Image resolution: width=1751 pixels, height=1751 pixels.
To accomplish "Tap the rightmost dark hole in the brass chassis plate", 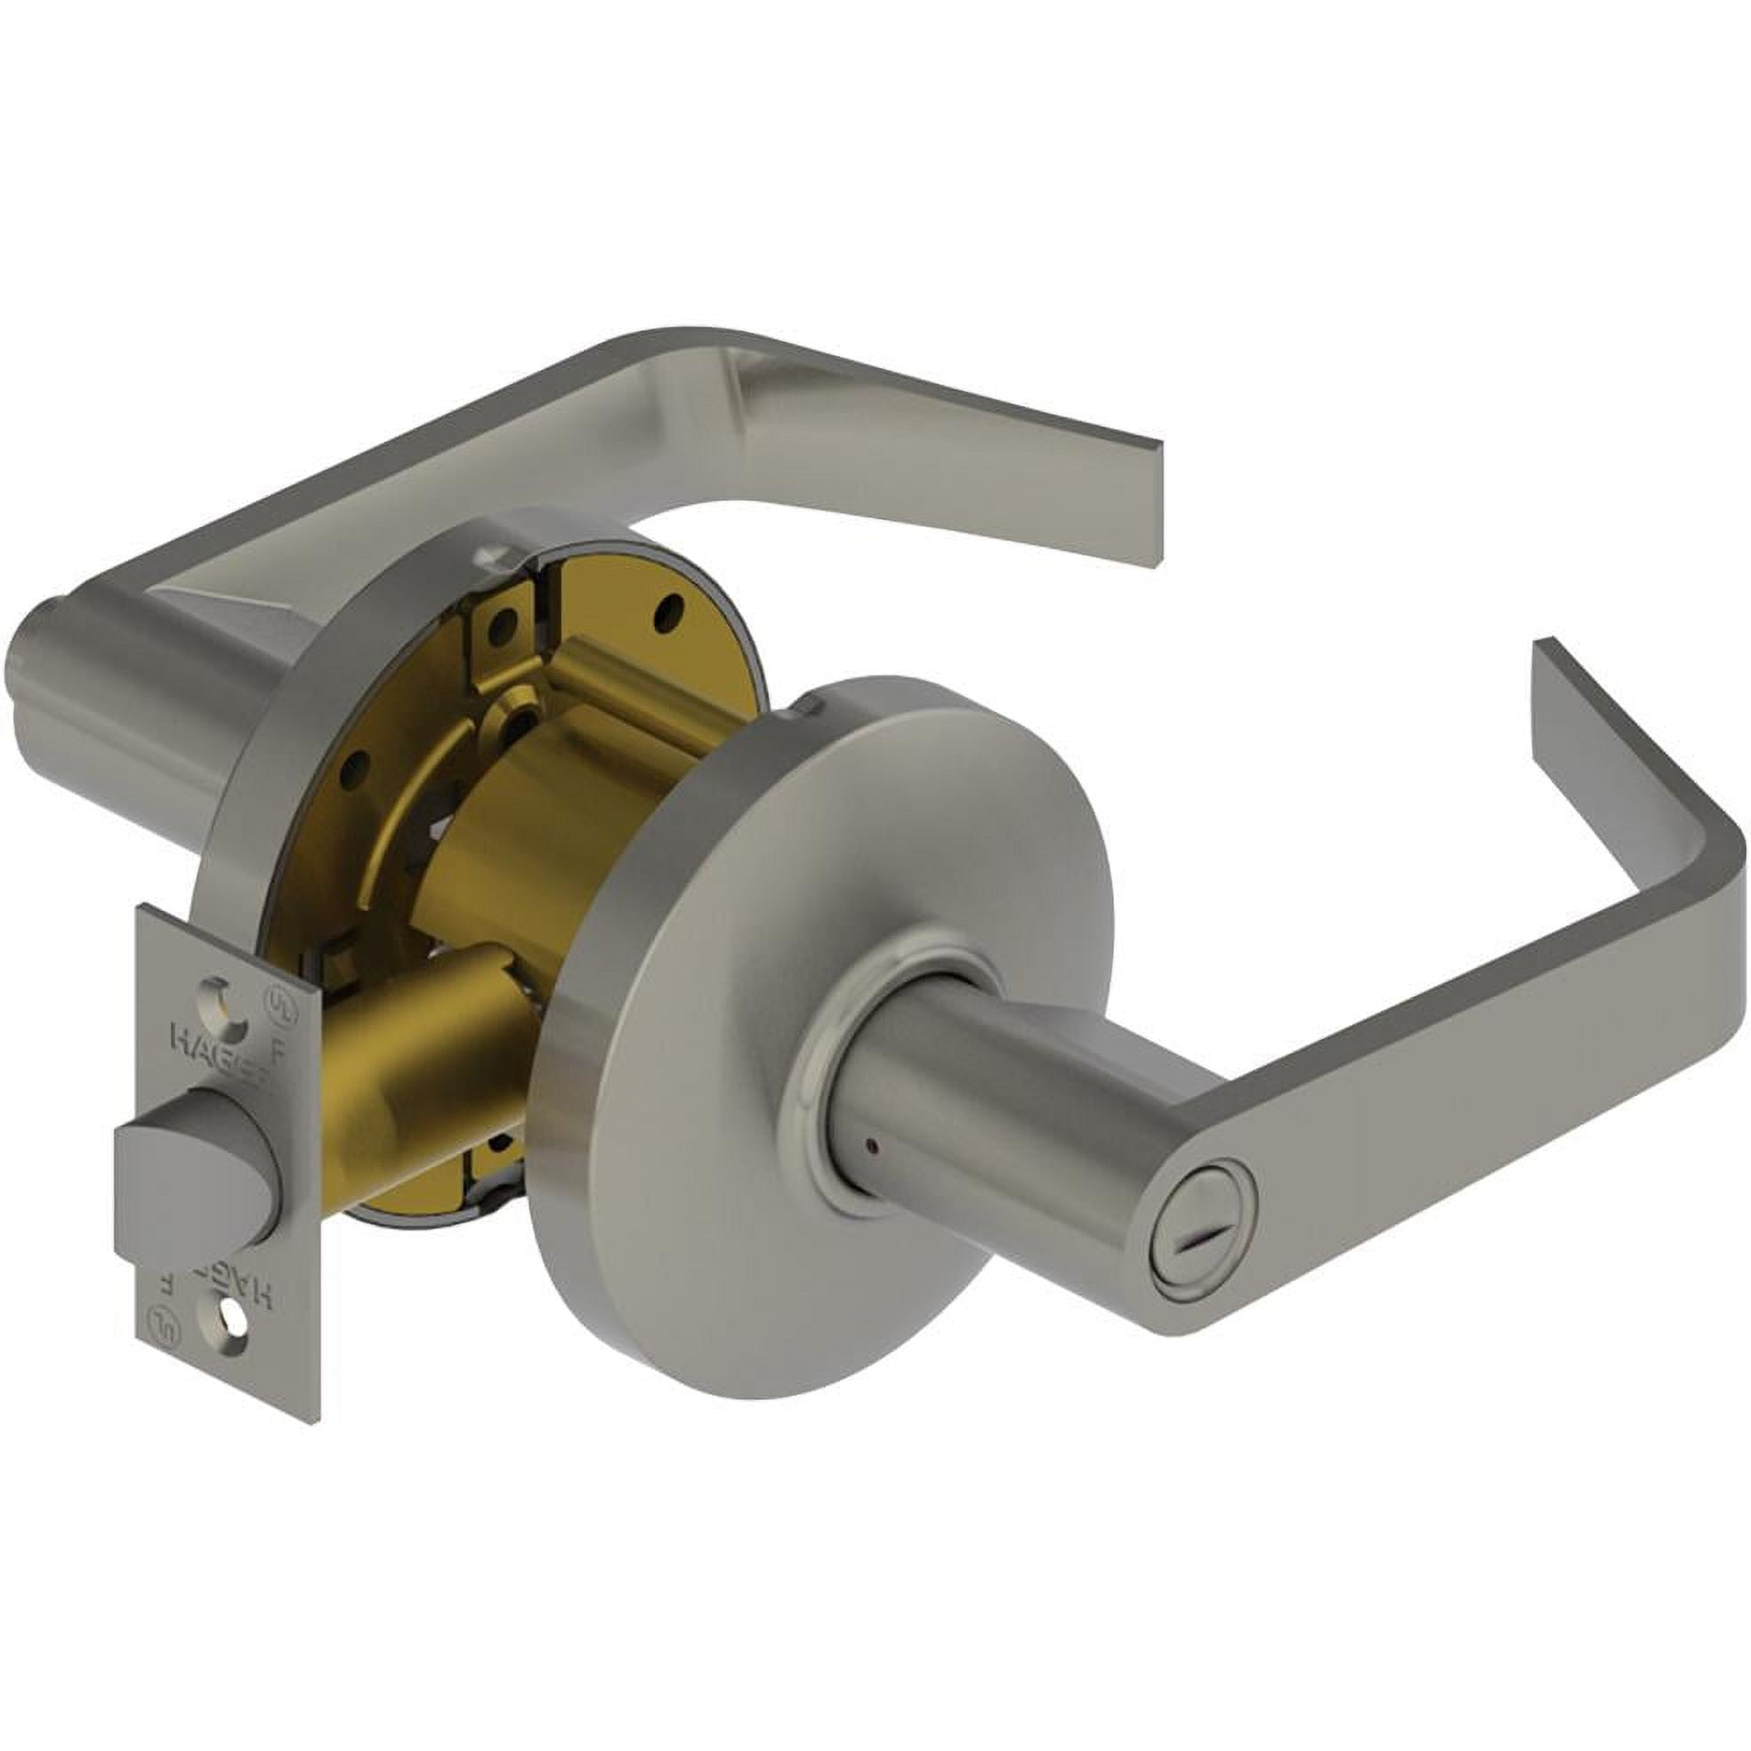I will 672,601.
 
